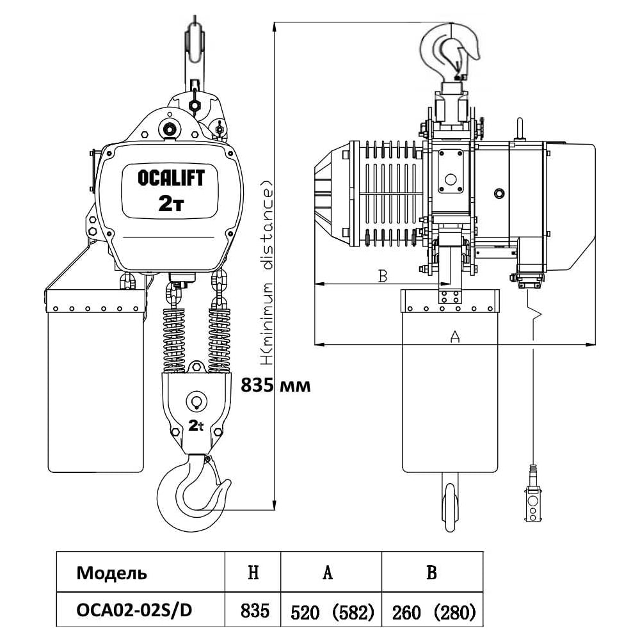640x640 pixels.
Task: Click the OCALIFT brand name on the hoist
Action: [x=171, y=177]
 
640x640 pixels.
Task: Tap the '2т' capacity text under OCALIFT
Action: [x=171, y=204]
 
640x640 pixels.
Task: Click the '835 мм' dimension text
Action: [x=275, y=385]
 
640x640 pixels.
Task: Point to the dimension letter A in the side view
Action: [x=455, y=336]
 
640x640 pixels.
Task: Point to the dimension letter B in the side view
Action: [x=382, y=276]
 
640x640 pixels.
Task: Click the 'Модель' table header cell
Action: [x=112, y=573]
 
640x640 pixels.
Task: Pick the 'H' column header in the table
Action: [x=253, y=573]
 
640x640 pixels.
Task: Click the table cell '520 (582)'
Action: [x=332, y=612]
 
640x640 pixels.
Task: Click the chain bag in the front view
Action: [x=96, y=384]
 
